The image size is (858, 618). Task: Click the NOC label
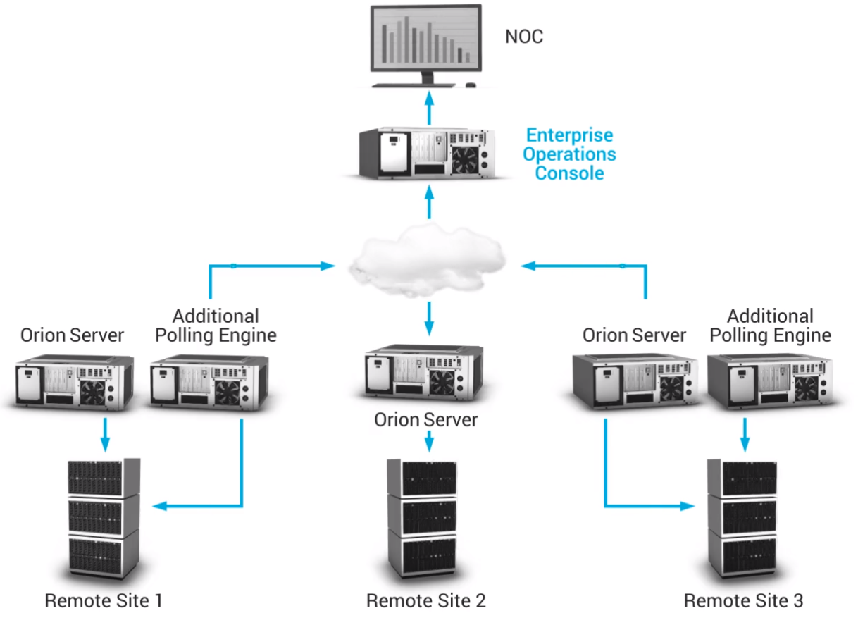pos(524,37)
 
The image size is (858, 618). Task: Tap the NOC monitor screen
pos(427,41)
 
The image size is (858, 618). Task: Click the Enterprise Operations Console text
pos(571,154)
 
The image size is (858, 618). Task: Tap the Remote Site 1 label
pos(104,600)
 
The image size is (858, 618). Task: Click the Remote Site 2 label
pos(425,600)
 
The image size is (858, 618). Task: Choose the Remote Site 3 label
pos(743,600)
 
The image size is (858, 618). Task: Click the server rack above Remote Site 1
pos(104,520)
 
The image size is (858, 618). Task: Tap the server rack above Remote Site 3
pos(742,520)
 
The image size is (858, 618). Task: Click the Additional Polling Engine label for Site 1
pos(216,326)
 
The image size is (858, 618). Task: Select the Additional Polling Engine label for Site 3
pos(770,326)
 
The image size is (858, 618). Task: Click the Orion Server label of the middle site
pos(425,421)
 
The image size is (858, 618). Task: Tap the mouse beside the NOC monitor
pos(471,85)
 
